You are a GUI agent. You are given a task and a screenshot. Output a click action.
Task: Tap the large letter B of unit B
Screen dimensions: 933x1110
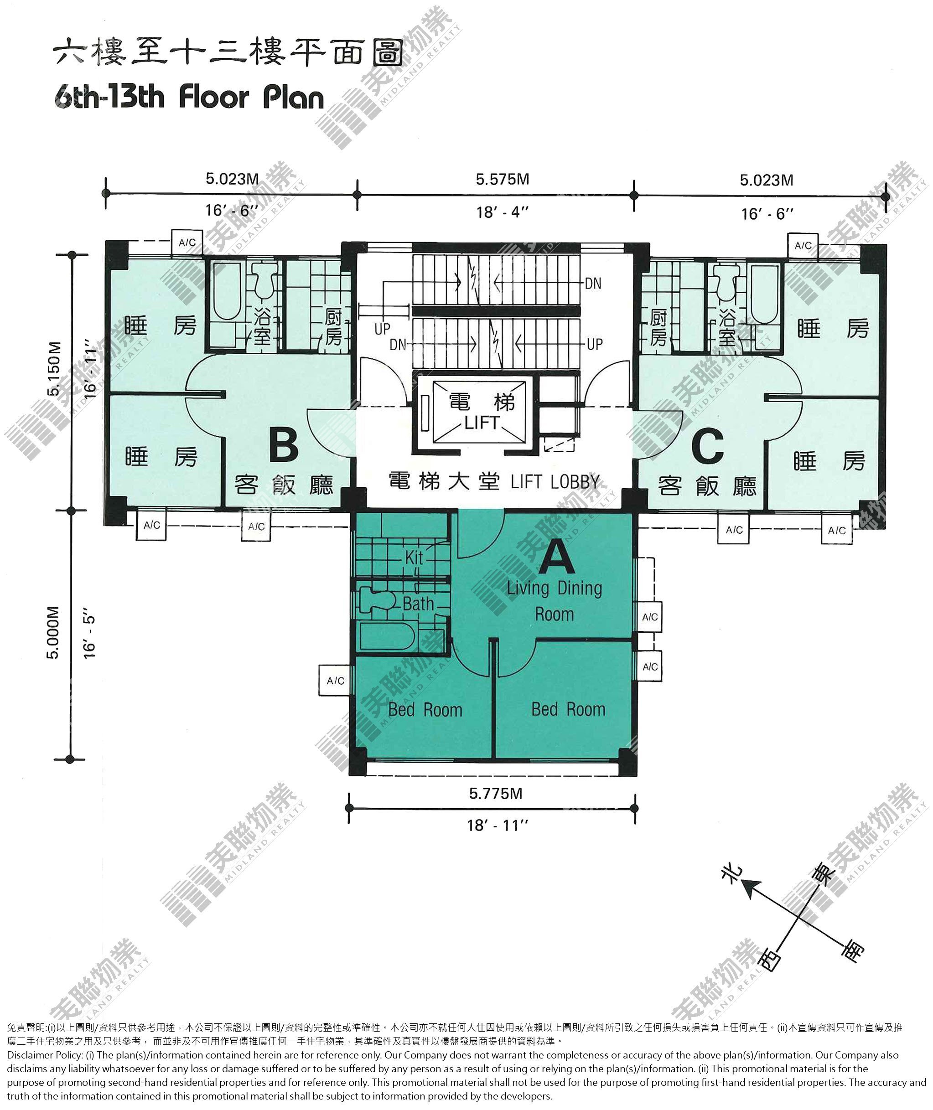pos(284,445)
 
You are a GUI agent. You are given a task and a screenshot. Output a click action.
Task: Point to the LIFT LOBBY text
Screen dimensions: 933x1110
pos(555,482)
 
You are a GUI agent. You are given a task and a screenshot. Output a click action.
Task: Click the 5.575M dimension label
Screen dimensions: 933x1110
pos(503,179)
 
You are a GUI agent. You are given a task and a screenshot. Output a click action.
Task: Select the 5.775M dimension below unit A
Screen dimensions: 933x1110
pos(496,793)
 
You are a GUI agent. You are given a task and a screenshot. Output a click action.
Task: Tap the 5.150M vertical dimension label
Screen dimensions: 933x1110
pos(54,369)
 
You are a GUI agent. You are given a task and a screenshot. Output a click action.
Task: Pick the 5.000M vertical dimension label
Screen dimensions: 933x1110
pos(54,632)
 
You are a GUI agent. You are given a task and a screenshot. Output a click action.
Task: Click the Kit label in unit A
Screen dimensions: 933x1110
pos(414,557)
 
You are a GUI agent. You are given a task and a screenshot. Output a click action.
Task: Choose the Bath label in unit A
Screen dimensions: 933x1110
pos(418,604)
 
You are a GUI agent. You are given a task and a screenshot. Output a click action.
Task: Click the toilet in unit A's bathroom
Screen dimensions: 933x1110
pos(378,600)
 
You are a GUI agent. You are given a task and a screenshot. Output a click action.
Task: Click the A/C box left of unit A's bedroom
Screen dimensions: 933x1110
pos(335,681)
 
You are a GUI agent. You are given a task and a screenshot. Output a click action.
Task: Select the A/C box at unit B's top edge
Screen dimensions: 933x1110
pos(187,243)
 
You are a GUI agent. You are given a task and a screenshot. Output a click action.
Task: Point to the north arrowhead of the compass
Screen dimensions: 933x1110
pos(750,889)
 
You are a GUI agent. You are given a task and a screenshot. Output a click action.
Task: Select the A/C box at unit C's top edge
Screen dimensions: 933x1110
pos(803,245)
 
